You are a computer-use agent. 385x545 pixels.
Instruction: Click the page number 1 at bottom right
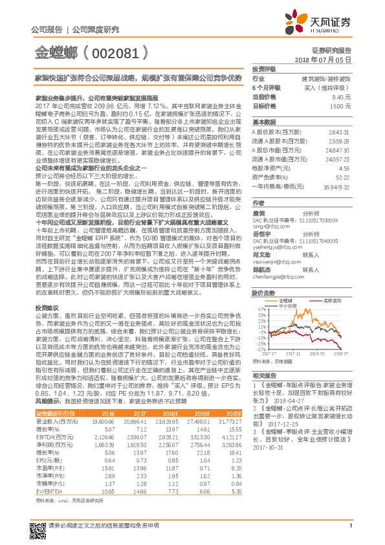[x=350, y=533]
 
